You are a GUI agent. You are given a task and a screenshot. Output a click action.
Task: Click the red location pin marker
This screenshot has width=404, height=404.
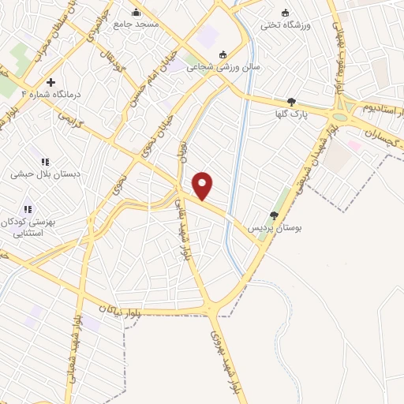tap(203, 185)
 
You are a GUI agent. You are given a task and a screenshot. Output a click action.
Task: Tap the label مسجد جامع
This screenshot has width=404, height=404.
tap(136, 24)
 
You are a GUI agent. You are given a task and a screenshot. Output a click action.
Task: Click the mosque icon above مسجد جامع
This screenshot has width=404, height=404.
tap(137, 12)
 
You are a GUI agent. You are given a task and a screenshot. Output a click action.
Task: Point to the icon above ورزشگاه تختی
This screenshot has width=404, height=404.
tap(285, 12)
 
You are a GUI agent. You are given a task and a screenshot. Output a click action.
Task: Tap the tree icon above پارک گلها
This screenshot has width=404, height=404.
tap(291, 102)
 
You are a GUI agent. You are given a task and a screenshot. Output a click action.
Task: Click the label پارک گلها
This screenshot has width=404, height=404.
tap(290, 114)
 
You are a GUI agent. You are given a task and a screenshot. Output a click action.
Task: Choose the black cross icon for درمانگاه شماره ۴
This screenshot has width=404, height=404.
tap(50, 81)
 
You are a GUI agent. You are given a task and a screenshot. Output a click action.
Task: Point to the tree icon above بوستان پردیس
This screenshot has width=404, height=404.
tap(274, 215)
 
